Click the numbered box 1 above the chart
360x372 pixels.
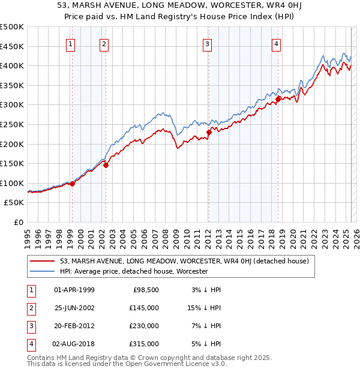point(71,43)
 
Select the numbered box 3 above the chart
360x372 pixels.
point(207,43)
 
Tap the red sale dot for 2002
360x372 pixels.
point(106,165)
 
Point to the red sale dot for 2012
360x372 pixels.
point(209,132)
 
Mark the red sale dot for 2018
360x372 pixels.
point(278,99)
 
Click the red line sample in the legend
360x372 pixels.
point(43,262)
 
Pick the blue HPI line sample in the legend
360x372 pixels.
point(43,271)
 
